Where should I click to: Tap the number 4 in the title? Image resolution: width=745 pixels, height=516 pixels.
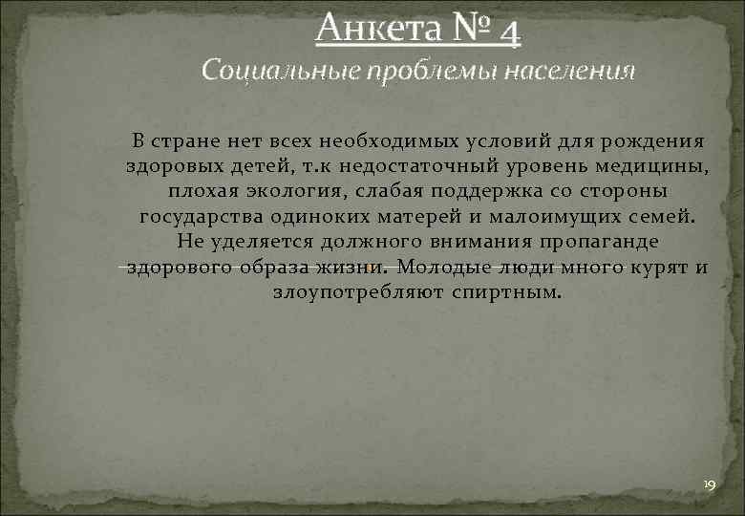pyautogui.click(x=509, y=32)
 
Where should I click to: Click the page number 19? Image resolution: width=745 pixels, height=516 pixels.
pyautogui.click(x=708, y=486)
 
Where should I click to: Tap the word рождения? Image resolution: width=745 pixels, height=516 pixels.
pyautogui.click(x=654, y=142)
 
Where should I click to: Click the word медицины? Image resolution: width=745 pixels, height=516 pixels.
pyautogui.click(x=659, y=167)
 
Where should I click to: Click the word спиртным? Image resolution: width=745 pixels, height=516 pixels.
pyautogui.click(x=507, y=291)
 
